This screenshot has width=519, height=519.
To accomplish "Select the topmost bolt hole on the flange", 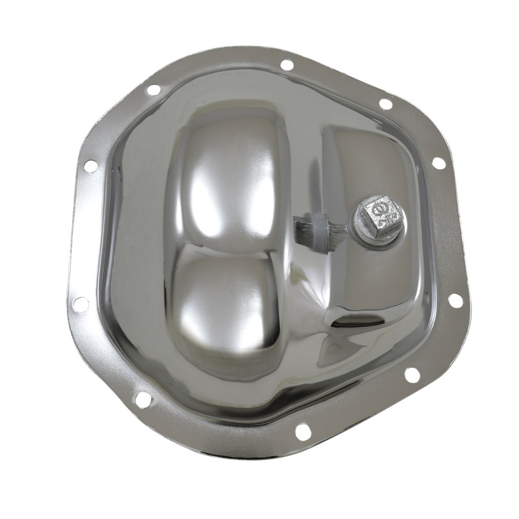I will pyautogui.click(x=287, y=65).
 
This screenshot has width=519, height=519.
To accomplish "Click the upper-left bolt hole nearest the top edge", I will pyautogui.click(x=154, y=90).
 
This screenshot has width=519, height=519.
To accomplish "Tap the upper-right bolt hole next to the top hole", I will pyautogui.click(x=385, y=104).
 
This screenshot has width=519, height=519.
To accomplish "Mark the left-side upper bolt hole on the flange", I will pyautogui.click(x=90, y=166).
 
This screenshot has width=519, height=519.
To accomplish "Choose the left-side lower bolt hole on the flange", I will pyautogui.click(x=80, y=304).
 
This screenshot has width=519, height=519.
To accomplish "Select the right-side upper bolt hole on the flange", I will pyautogui.click(x=439, y=163).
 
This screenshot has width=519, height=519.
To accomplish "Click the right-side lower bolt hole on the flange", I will pyautogui.click(x=455, y=300).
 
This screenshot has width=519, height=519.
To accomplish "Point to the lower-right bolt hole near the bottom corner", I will pyautogui.click(x=412, y=374).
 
